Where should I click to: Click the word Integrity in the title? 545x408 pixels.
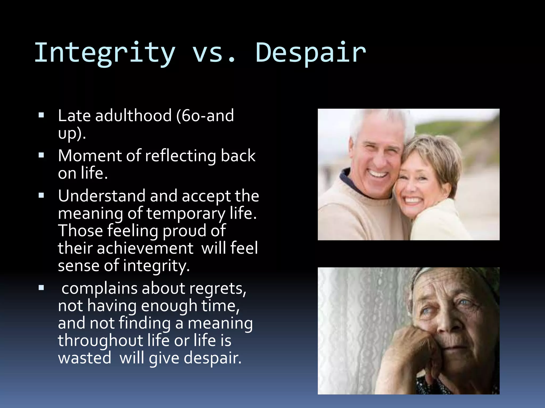tap(105, 53)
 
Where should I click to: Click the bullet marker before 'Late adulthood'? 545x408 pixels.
tap(41, 115)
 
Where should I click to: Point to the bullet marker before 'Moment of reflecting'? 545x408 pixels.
tap(41, 155)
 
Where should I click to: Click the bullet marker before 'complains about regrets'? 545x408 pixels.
tap(41, 288)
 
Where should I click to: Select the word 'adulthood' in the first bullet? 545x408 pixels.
tap(133, 116)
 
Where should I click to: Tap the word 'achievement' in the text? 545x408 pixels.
tap(145, 248)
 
